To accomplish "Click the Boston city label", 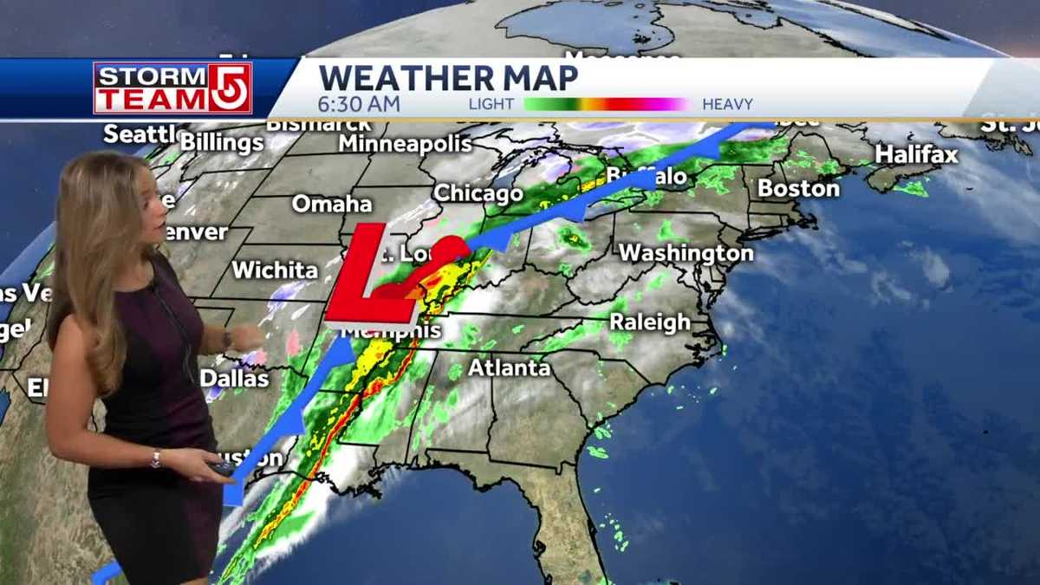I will click(798, 188).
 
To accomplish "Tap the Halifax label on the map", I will click(916, 155).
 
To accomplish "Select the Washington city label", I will click(686, 253).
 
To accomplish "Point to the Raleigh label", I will click(650, 322).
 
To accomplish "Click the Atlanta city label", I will click(509, 367).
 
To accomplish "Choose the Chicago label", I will click(478, 193).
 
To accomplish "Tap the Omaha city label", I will click(331, 204).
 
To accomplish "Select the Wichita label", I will click(275, 270).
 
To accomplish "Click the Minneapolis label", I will click(405, 143).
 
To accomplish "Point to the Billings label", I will click(221, 142).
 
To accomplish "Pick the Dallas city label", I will click(234, 379).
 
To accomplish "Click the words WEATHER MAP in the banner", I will click(447, 78).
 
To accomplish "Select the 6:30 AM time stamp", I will click(359, 104).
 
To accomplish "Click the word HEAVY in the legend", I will click(727, 104).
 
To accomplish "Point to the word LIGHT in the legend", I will click(491, 104).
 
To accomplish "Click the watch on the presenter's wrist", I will click(226, 337).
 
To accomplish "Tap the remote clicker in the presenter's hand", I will click(221, 468).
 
